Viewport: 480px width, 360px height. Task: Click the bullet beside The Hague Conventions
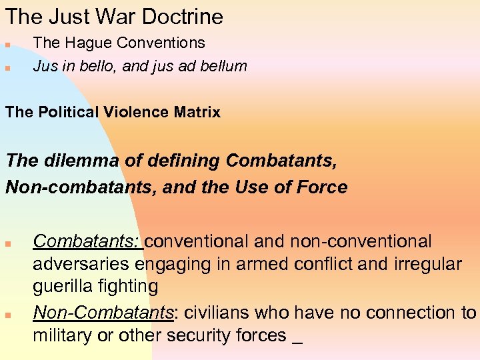(x=7, y=45)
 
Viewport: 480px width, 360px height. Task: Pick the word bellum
(x=223, y=66)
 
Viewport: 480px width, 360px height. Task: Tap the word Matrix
(x=197, y=112)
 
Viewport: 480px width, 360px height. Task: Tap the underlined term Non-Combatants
(x=103, y=312)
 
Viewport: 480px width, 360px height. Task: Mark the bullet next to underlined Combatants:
(x=7, y=243)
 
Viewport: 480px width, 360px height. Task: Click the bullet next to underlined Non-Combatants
(x=7, y=315)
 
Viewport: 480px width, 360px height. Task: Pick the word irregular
(x=419, y=264)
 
